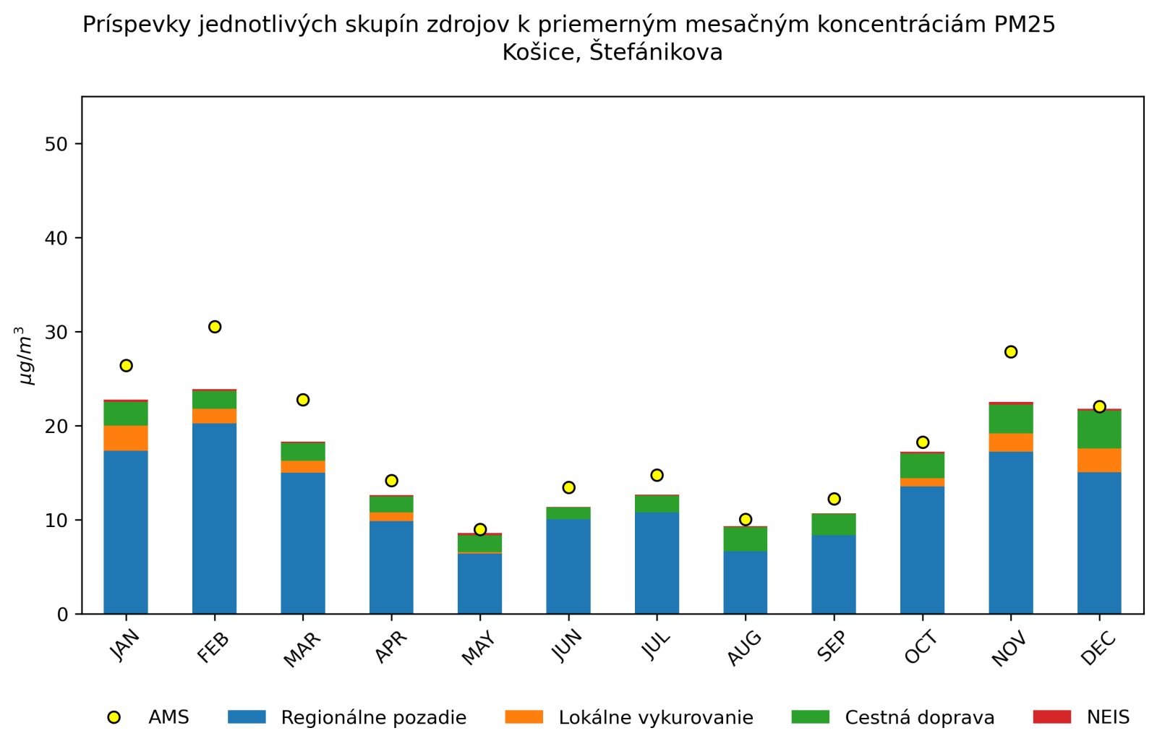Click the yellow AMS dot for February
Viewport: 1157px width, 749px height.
click(215, 327)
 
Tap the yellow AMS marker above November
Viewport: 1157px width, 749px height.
click(1011, 352)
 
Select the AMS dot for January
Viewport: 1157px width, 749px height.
click(126, 366)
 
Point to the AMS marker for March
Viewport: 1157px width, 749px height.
click(303, 400)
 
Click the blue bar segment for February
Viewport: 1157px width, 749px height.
click(215, 518)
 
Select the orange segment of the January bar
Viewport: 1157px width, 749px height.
click(126, 438)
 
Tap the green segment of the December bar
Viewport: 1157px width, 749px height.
click(1099, 429)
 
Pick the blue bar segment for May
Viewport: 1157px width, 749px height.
click(480, 583)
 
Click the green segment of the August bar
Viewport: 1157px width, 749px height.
click(746, 539)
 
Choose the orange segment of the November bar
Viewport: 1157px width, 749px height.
click(1011, 442)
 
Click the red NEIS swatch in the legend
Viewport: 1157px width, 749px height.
click(1051, 717)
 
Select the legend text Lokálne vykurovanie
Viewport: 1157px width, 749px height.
click(656, 718)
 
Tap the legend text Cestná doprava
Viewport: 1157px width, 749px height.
click(920, 718)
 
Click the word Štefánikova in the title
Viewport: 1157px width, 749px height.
click(656, 53)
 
